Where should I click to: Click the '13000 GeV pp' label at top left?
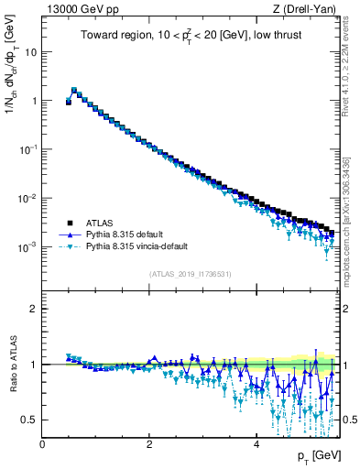(x=74, y=9)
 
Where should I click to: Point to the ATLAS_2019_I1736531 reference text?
(x=190, y=274)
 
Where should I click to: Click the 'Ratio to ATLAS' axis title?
(x=14, y=364)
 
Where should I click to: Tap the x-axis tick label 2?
(x=149, y=443)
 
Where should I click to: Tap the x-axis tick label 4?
(x=256, y=443)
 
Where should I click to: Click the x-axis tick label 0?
(x=43, y=443)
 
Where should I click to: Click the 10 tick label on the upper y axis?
(x=31, y=51)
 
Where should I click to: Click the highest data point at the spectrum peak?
(x=74, y=91)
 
